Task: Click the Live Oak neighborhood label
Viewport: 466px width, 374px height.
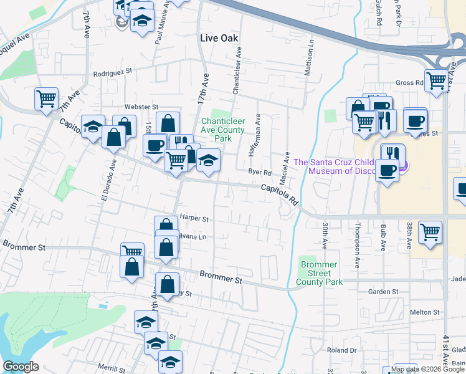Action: [219, 38]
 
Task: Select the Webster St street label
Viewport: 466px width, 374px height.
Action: [142, 107]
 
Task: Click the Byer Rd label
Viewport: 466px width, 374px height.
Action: [260, 172]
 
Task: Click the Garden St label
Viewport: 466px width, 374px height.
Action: [383, 291]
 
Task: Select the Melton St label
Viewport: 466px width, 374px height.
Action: [424, 312]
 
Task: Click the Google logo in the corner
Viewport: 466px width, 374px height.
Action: [21, 367]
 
